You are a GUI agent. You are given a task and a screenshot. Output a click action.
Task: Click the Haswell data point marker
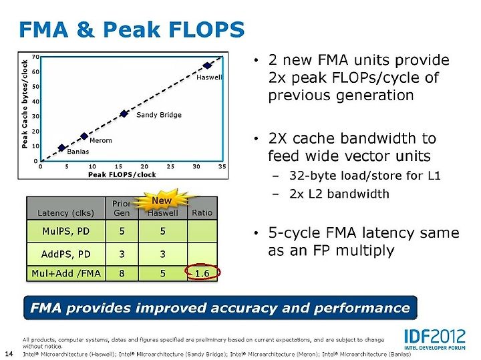click(x=207, y=65)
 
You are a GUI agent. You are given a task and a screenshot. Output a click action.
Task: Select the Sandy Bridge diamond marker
click(x=124, y=114)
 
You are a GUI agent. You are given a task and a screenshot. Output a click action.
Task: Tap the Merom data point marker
click(x=84, y=136)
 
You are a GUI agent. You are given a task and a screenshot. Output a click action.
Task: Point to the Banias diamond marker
click(x=61, y=148)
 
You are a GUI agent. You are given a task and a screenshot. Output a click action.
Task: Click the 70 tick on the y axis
click(x=35, y=57)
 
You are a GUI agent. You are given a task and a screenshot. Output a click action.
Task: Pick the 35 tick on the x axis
click(x=222, y=166)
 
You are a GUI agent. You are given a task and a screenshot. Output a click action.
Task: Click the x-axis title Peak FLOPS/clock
click(x=122, y=175)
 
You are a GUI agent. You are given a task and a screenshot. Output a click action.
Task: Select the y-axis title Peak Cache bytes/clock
click(x=25, y=104)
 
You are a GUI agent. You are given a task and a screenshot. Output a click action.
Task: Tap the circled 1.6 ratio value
click(x=202, y=273)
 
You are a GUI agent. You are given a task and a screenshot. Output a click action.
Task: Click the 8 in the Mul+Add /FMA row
click(x=122, y=273)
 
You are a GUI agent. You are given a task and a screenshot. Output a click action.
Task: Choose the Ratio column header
click(x=202, y=212)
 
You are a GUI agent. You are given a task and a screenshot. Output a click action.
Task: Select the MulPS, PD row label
click(x=66, y=231)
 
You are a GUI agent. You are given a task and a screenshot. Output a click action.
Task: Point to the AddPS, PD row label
click(x=66, y=254)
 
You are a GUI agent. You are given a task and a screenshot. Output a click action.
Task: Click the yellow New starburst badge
click(x=162, y=200)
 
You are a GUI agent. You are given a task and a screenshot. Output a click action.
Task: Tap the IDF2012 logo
click(x=435, y=339)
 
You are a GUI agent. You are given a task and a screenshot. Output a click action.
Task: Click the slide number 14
click(x=9, y=353)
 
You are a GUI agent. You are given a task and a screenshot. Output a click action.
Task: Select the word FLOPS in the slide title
click(x=206, y=30)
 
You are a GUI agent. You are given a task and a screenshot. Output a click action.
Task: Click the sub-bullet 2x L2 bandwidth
click(x=339, y=194)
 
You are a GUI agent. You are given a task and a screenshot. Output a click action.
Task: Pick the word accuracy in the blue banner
click(x=244, y=308)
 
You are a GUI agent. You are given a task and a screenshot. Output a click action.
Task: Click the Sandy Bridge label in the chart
click(x=159, y=115)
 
